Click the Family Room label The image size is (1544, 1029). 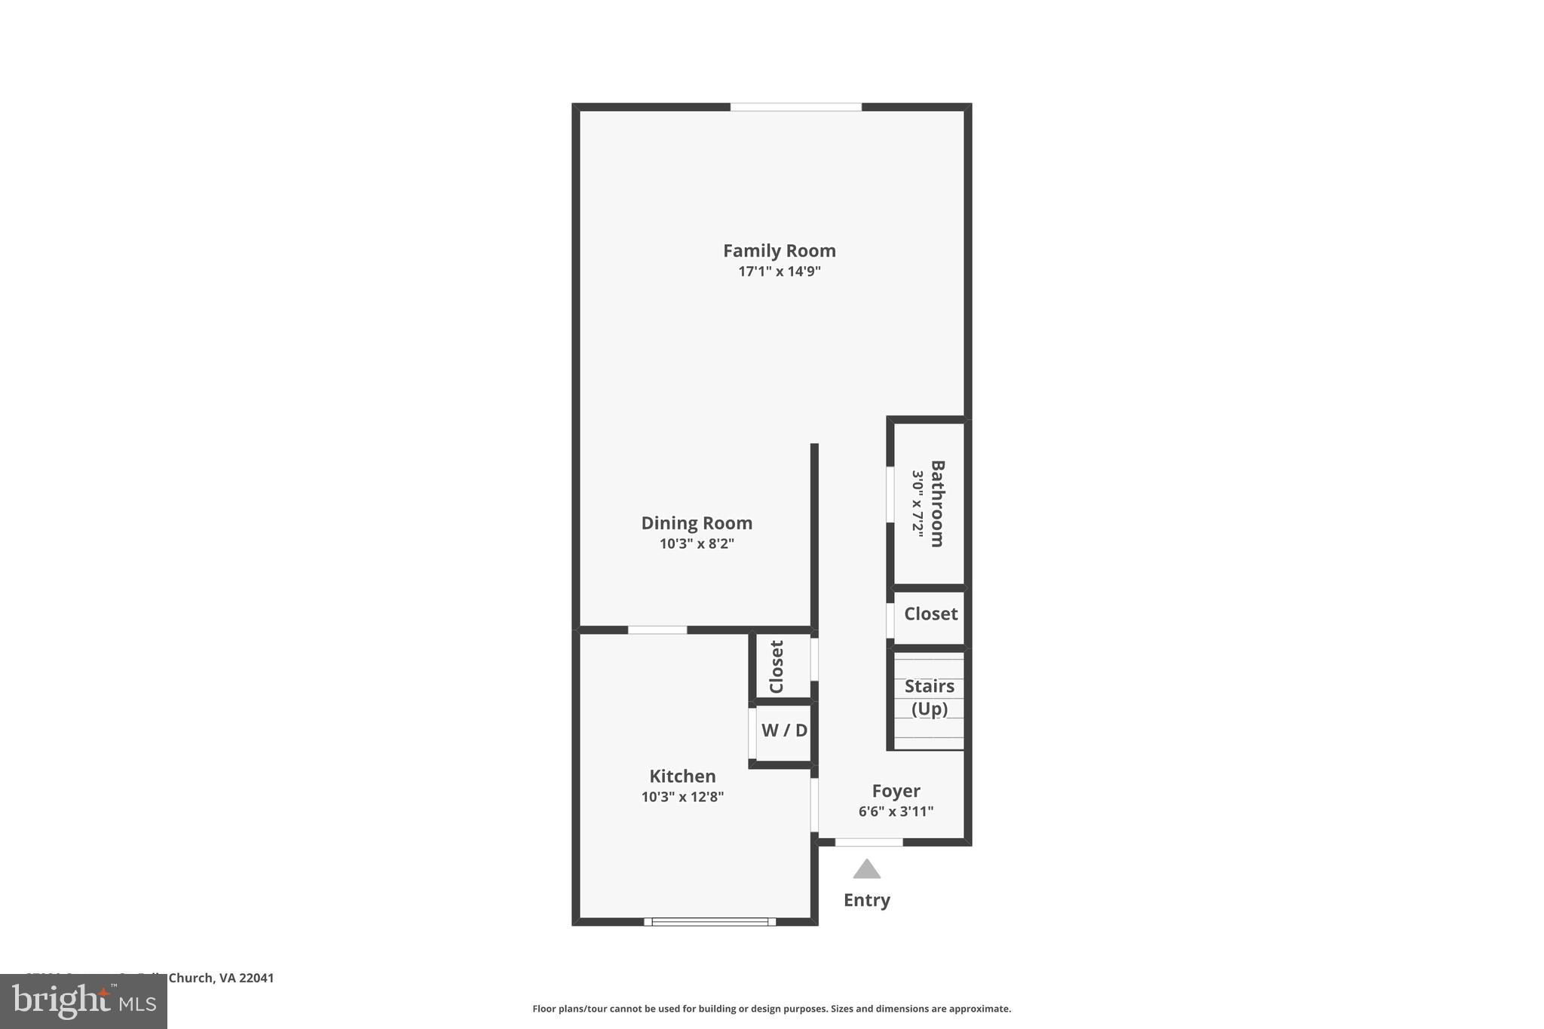click(x=779, y=250)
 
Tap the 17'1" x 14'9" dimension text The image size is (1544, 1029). click(x=779, y=271)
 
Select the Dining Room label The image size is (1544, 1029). click(x=696, y=522)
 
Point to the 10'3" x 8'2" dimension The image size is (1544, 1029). click(x=696, y=544)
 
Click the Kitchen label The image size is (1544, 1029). click(x=682, y=776)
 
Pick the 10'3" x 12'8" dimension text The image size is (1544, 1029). click(x=682, y=797)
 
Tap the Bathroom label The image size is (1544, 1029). click(x=937, y=503)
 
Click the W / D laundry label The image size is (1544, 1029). click(x=784, y=730)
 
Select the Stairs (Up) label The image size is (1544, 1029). click(x=929, y=697)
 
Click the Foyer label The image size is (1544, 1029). click(x=896, y=791)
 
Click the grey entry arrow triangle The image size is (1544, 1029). click(x=866, y=870)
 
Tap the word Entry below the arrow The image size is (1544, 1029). click(x=866, y=900)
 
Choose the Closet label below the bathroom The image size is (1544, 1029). click(x=930, y=614)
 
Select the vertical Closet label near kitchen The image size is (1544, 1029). click(x=777, y=666)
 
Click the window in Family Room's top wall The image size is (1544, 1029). click(x=795, y=107)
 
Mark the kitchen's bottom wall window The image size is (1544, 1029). click(x=709, y=921)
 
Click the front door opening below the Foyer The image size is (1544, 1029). click(x=868, y=842)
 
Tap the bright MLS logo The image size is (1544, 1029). click(x=84, y=1001)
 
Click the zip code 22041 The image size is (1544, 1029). click(x=256, y=978)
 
